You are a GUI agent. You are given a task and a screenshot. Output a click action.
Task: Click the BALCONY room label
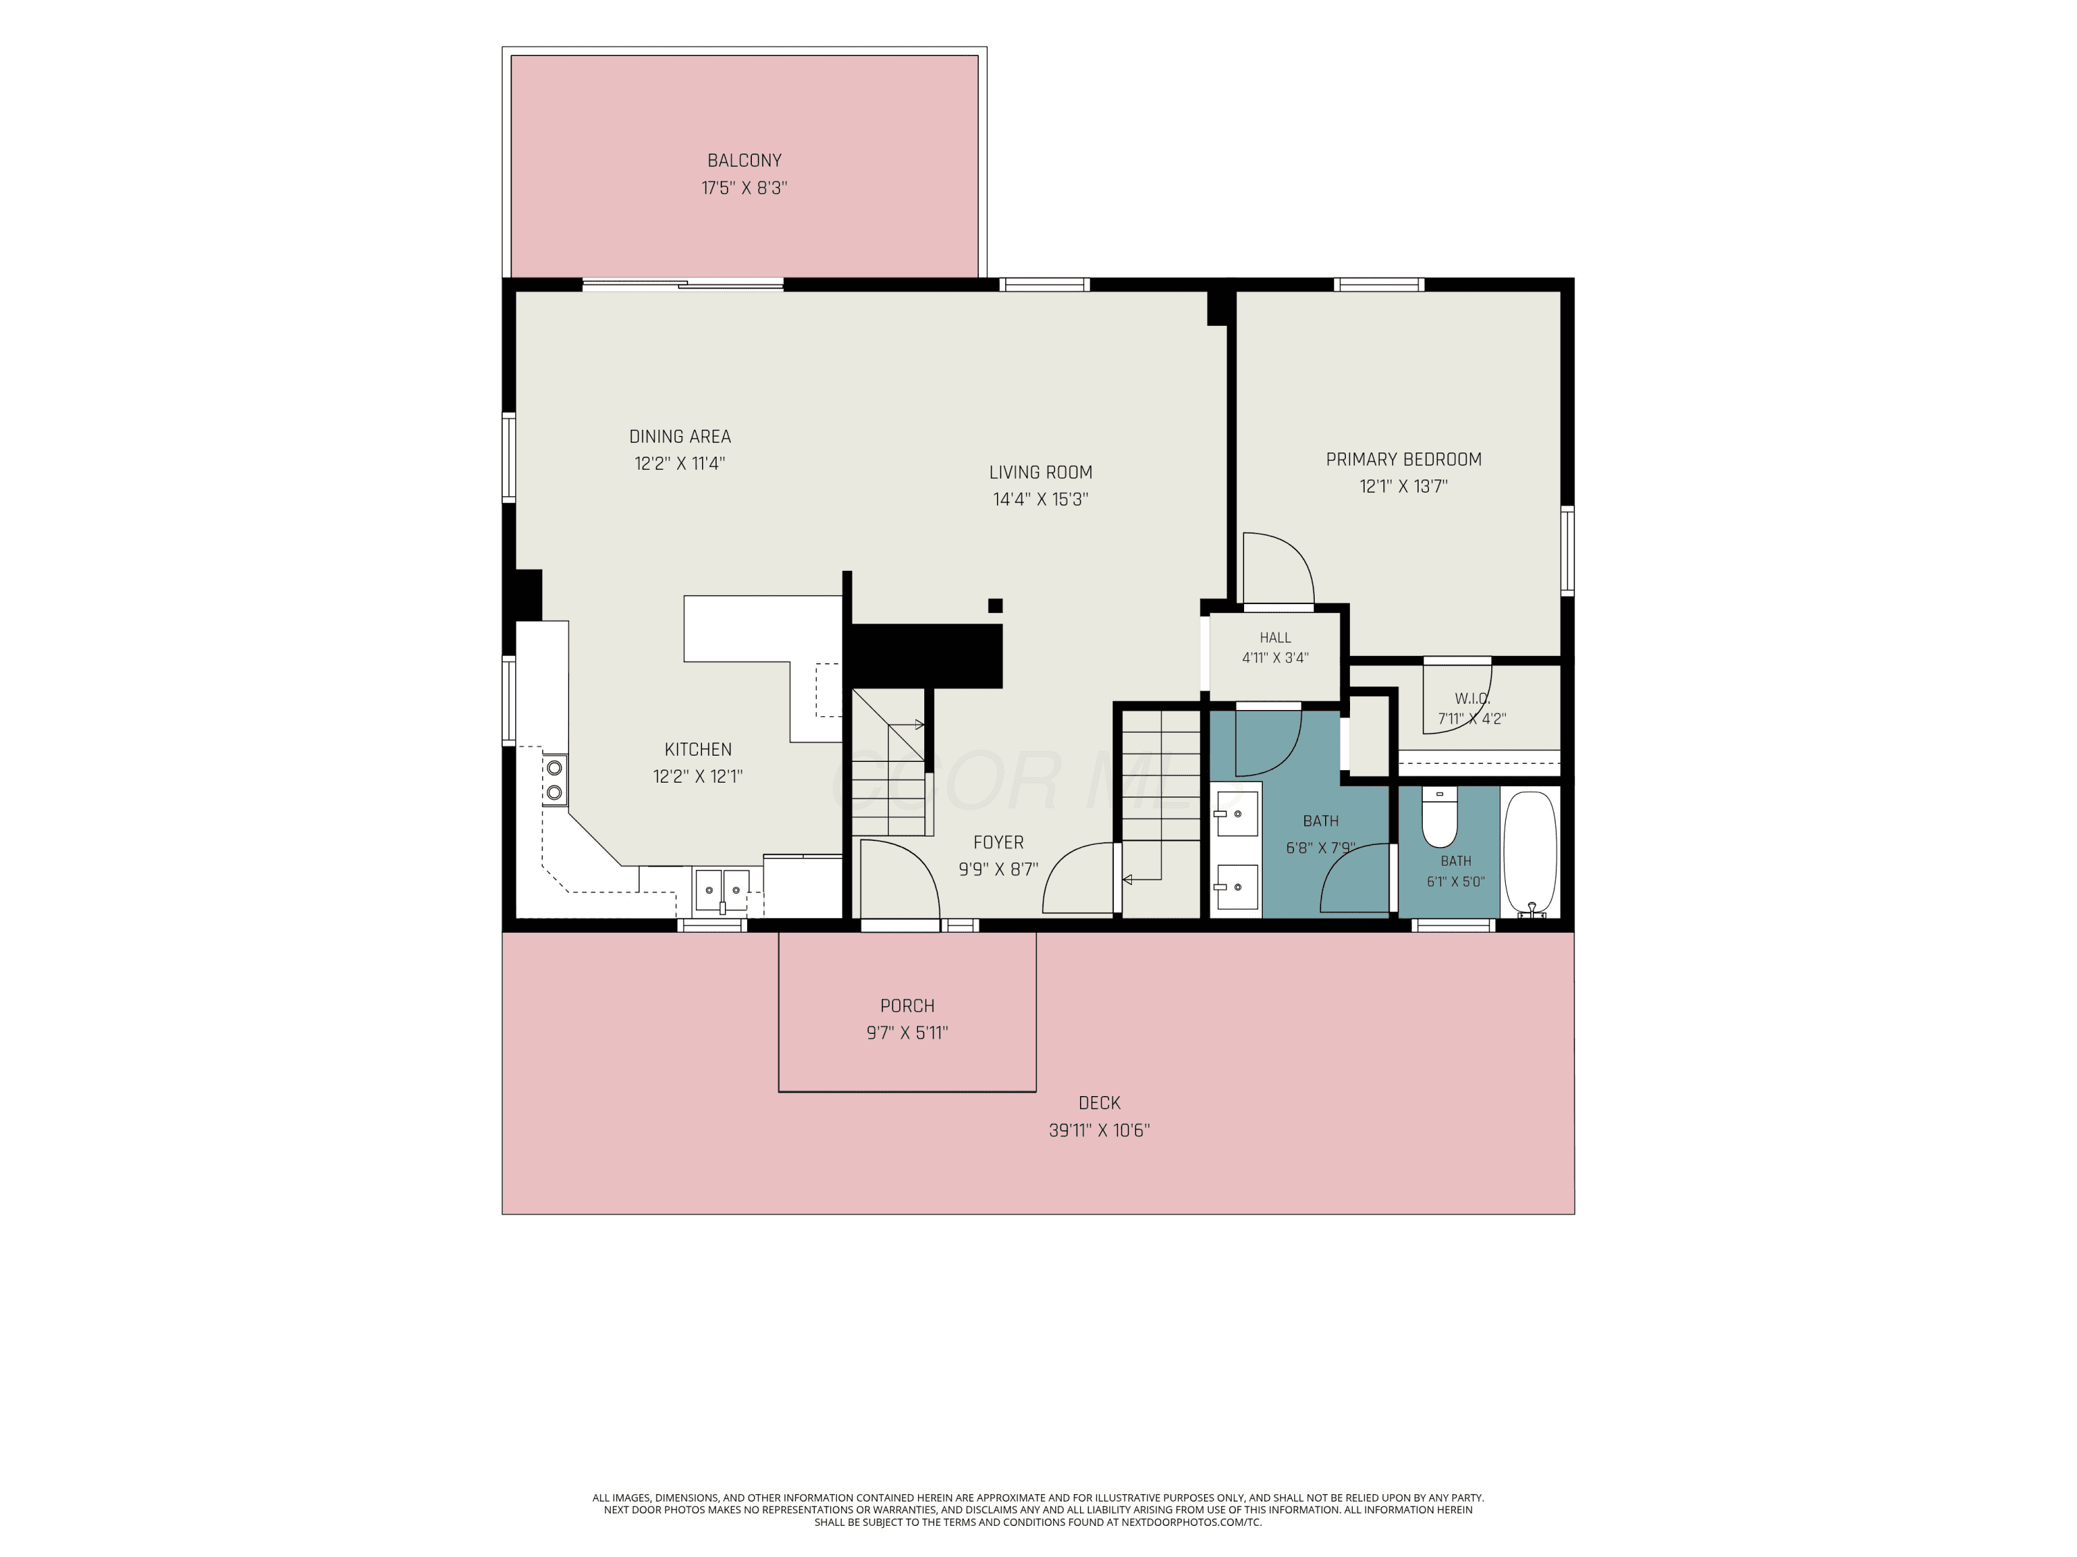(x=744, y=161)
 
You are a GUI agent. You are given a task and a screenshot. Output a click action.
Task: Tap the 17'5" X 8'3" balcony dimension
(x=744, y=188)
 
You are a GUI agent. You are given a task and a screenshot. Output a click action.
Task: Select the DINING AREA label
(x=680, y=437)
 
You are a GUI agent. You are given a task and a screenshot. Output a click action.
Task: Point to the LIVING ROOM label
(x=1041, y=472)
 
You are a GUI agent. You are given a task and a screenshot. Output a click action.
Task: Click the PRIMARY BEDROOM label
(x=1404, y=459)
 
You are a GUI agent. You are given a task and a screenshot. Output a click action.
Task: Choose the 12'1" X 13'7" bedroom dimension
(x=1404, y=486)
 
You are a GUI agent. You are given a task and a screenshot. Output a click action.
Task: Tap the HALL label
(x=1275, y=637)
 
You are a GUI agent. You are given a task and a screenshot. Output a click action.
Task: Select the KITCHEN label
(x=698, y=749)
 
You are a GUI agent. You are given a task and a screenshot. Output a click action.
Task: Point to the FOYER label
(x=998, y=842)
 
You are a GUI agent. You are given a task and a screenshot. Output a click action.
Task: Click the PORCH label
(x=907, y=1005)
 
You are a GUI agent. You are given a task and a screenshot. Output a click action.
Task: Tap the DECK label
(x=1099, y=1103)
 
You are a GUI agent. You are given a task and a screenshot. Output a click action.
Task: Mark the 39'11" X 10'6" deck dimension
(x=1099, y=1130)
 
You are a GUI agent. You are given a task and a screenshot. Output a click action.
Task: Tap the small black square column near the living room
(x=996, y=605)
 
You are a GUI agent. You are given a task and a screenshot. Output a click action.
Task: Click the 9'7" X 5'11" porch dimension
(x=907, y=1032)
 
